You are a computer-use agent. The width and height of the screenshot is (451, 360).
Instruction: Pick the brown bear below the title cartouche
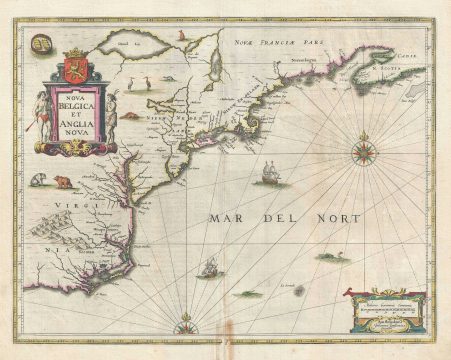click(63, 182)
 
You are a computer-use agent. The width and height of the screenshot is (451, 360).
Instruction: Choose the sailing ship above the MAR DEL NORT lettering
click(268, 176)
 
